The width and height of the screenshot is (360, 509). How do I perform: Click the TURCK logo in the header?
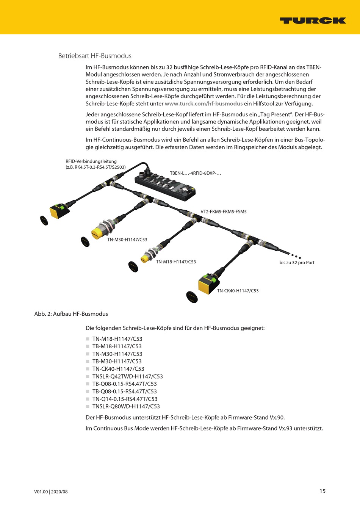pyautogui.click(x=313, y=20)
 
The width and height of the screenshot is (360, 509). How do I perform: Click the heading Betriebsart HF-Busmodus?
pyautogui.click(x=95, y=56)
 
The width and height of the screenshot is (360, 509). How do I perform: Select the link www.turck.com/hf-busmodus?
pyautogui.click(x=203, y=103)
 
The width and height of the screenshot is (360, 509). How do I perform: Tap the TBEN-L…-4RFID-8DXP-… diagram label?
pyautogui.click(x=195, y=173)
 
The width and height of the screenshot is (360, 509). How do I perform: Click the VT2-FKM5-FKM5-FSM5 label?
pyautogui.click(x=224, y=211)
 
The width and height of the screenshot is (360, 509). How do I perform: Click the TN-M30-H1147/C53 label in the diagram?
pyautogui.click(x=127, y=240)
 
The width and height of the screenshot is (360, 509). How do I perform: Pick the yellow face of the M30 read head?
pyautogui.click(x=97, y=232)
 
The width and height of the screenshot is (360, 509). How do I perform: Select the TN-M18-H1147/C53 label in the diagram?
pyautogui.click(x=176, y=262)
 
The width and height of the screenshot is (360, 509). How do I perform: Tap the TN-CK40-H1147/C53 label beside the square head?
pyautogui.click(x=238, y=291)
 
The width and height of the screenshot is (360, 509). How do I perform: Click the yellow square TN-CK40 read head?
pyautogui.click(x=207, y=285)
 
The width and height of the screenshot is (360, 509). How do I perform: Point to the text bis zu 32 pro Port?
pyautogui.click(x=297, y=263)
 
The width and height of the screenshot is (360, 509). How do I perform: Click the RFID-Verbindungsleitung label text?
pyautogui.click(x=91, y=161)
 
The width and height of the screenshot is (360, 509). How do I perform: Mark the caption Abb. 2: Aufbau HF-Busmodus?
pyautogui.click(x=71, y=314)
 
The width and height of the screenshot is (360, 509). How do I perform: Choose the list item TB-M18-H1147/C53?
pyautogui.click(x=117, y=346)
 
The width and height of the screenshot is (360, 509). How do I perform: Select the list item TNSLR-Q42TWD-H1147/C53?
pyautogui.click(x=127, y=376)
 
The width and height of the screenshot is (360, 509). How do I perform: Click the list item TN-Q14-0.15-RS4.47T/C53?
pyautogui.click(x=125, y=399)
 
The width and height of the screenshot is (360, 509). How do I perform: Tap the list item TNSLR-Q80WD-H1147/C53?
pyautogui.click(x=126, y=406)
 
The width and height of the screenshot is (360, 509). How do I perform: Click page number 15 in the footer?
pyautogui.click(x=322, y=491)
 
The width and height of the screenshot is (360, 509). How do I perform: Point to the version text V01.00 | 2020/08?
pyautogui.click(x=51, y=492)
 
